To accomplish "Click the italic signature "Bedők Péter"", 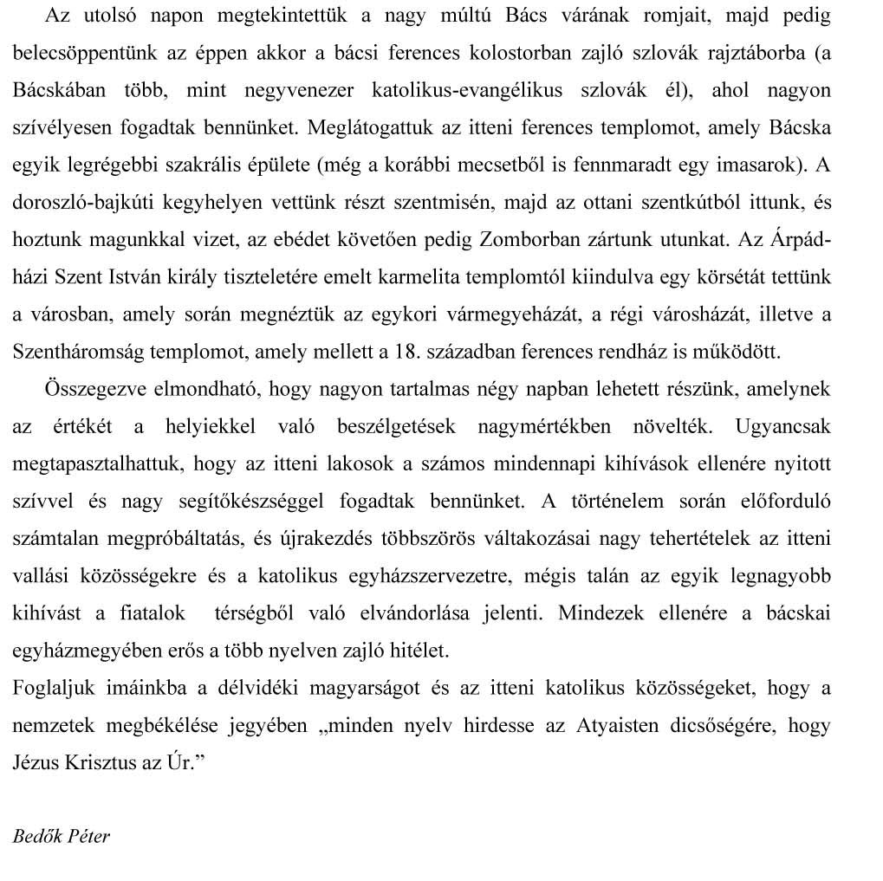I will [62, 837].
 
